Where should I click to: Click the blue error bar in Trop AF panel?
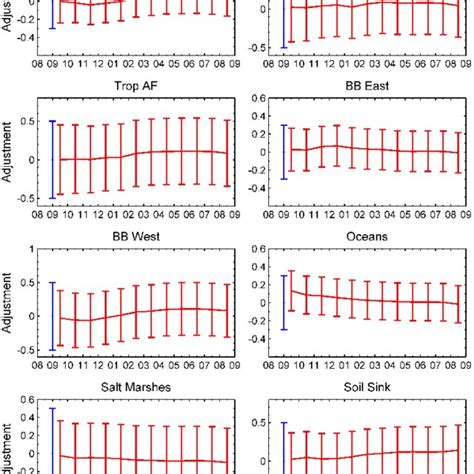click(x=51, y=159)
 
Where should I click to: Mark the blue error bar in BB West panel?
click(x=51, y=316)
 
